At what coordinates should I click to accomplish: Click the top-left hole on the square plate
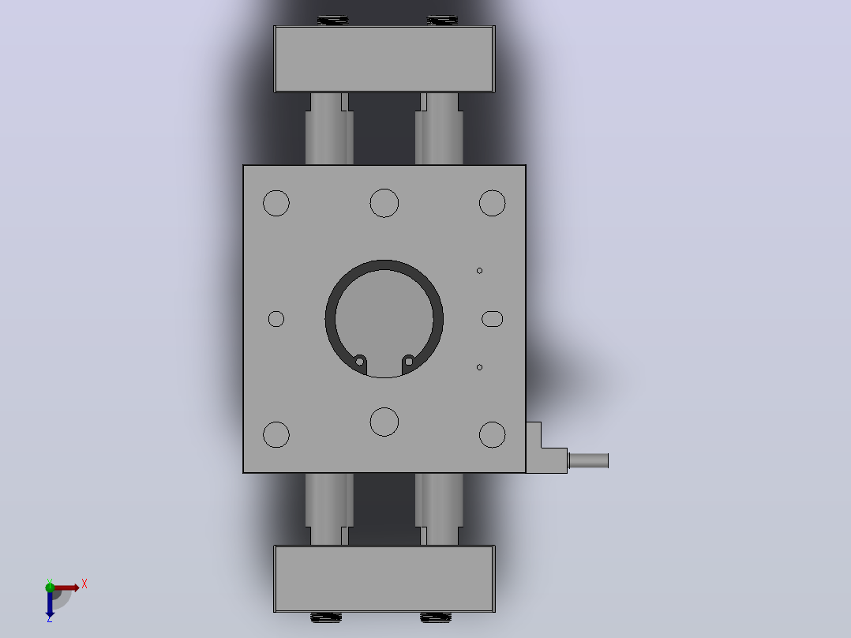click(x=276, y=203)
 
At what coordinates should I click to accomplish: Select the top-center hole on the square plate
click(x=384, y=203)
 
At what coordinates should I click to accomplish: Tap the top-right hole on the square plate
click(x=493, y=203)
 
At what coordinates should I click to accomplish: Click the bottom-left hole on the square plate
click(x=276, y=434)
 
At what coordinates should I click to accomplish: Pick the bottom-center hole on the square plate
click(x=384, y=422)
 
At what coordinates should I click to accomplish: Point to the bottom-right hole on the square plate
click(x=493, y=434)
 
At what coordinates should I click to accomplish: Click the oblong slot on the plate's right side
click(x=493, y=319)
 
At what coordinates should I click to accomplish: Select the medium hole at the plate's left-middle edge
click(x=276, y=319)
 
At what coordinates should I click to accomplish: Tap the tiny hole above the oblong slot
click(x=479, y=270)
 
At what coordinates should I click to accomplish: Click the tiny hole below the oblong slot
click(x=479, y=367)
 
